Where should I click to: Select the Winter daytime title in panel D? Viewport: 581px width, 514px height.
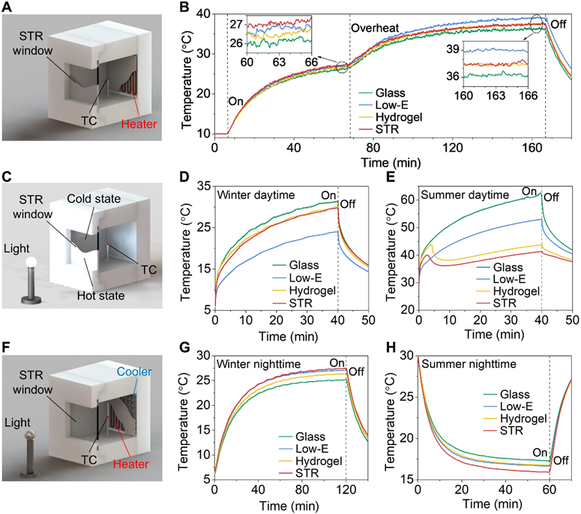pos(254,196)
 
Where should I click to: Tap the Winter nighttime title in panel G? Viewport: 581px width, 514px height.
pos(259,365)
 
